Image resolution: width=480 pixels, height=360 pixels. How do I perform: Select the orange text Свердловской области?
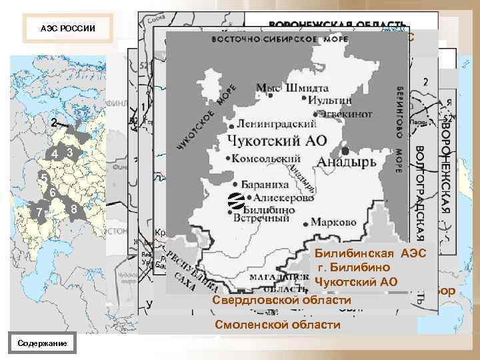coord(281,302)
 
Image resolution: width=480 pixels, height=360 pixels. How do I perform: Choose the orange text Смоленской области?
coord(277,325)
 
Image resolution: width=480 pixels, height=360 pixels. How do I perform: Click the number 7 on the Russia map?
coord(40,212)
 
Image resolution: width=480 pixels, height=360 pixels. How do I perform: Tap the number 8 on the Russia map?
coord(74,211)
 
